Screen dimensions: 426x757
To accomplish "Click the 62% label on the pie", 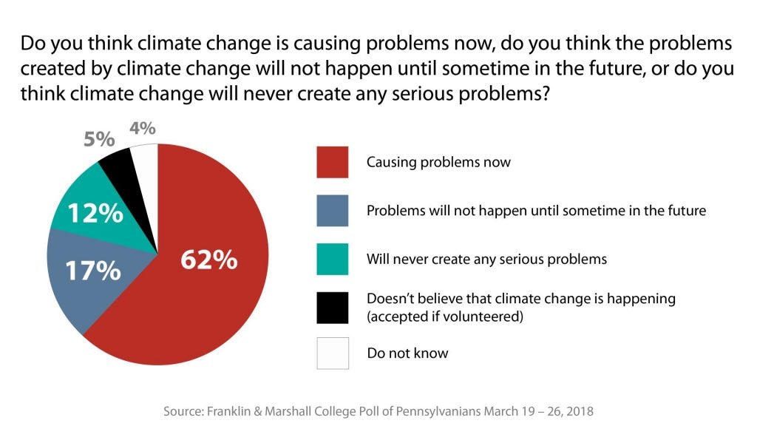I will (209, 260).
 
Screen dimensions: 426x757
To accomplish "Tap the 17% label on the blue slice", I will (92, 270).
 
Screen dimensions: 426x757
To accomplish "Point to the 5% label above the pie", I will (99, 138).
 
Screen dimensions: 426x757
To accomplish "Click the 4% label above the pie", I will (142, 128).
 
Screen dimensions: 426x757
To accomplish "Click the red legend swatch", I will (332, 161).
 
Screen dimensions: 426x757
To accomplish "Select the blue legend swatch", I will (332, 210).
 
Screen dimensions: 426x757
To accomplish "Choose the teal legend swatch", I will (332, 258).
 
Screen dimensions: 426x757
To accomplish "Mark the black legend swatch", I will (332, 306).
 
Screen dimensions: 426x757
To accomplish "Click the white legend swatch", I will (332, 353).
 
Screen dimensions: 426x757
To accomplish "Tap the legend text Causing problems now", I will (438, 162).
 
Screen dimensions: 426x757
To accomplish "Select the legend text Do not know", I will (407, 353).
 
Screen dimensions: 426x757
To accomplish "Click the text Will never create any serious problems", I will (486, 259).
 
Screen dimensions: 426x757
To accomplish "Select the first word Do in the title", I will (33, 44).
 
